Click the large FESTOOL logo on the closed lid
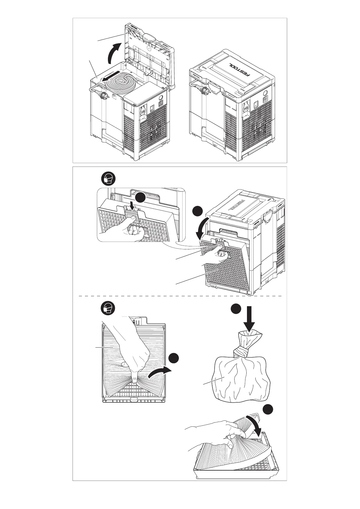point(240,68)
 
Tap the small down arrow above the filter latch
point(132,206)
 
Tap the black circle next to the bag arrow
point(236,310)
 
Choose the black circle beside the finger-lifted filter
point(174,358)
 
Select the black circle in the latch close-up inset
point(140,198)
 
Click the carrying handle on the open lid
point(148,37)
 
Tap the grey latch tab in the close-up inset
point(132,216)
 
